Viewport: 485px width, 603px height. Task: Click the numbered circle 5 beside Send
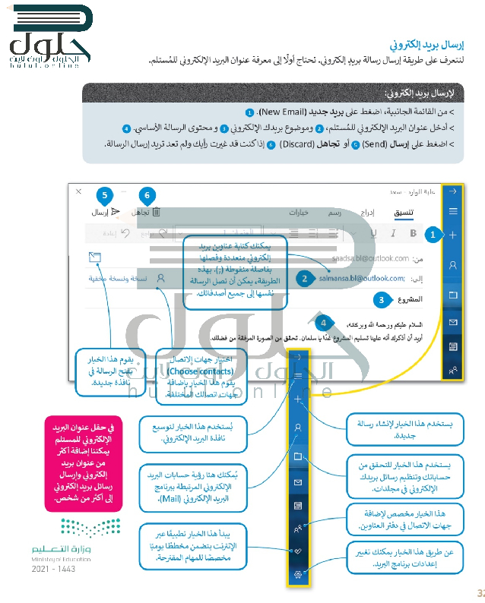click(105, 194)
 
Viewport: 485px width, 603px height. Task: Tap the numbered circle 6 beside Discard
click(148, 194)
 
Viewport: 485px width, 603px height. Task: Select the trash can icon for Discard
click(156, 213)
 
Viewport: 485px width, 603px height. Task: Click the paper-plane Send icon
click(116, 213)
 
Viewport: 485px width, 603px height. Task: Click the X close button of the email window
click(78, 192)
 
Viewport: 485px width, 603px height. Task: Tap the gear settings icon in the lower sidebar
click(299, 573)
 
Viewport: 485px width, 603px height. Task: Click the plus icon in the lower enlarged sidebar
click(299, 398)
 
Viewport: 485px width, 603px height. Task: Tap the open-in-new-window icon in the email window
click(95, 257)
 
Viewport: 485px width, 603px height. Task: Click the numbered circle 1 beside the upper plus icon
click(432, 235)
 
